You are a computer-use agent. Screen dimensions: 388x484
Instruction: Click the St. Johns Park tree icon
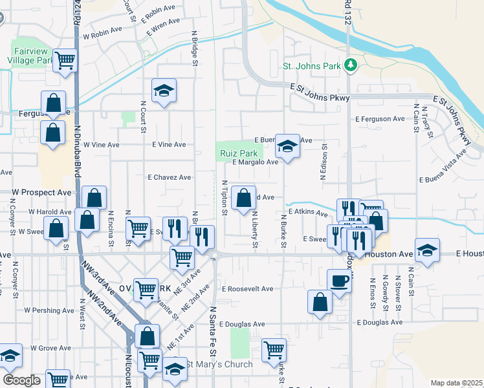(350, 65)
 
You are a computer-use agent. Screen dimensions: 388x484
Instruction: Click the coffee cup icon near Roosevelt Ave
(340, 280)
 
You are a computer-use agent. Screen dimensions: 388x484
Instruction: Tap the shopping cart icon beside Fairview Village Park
(65, 61)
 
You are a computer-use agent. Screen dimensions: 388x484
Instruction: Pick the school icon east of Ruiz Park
(287, 147)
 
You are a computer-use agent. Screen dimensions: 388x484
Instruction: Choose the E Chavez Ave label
(169, 177)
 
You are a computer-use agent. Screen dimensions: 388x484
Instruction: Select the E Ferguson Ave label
(380, 119)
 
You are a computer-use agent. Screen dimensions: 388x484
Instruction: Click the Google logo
(21, 380)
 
